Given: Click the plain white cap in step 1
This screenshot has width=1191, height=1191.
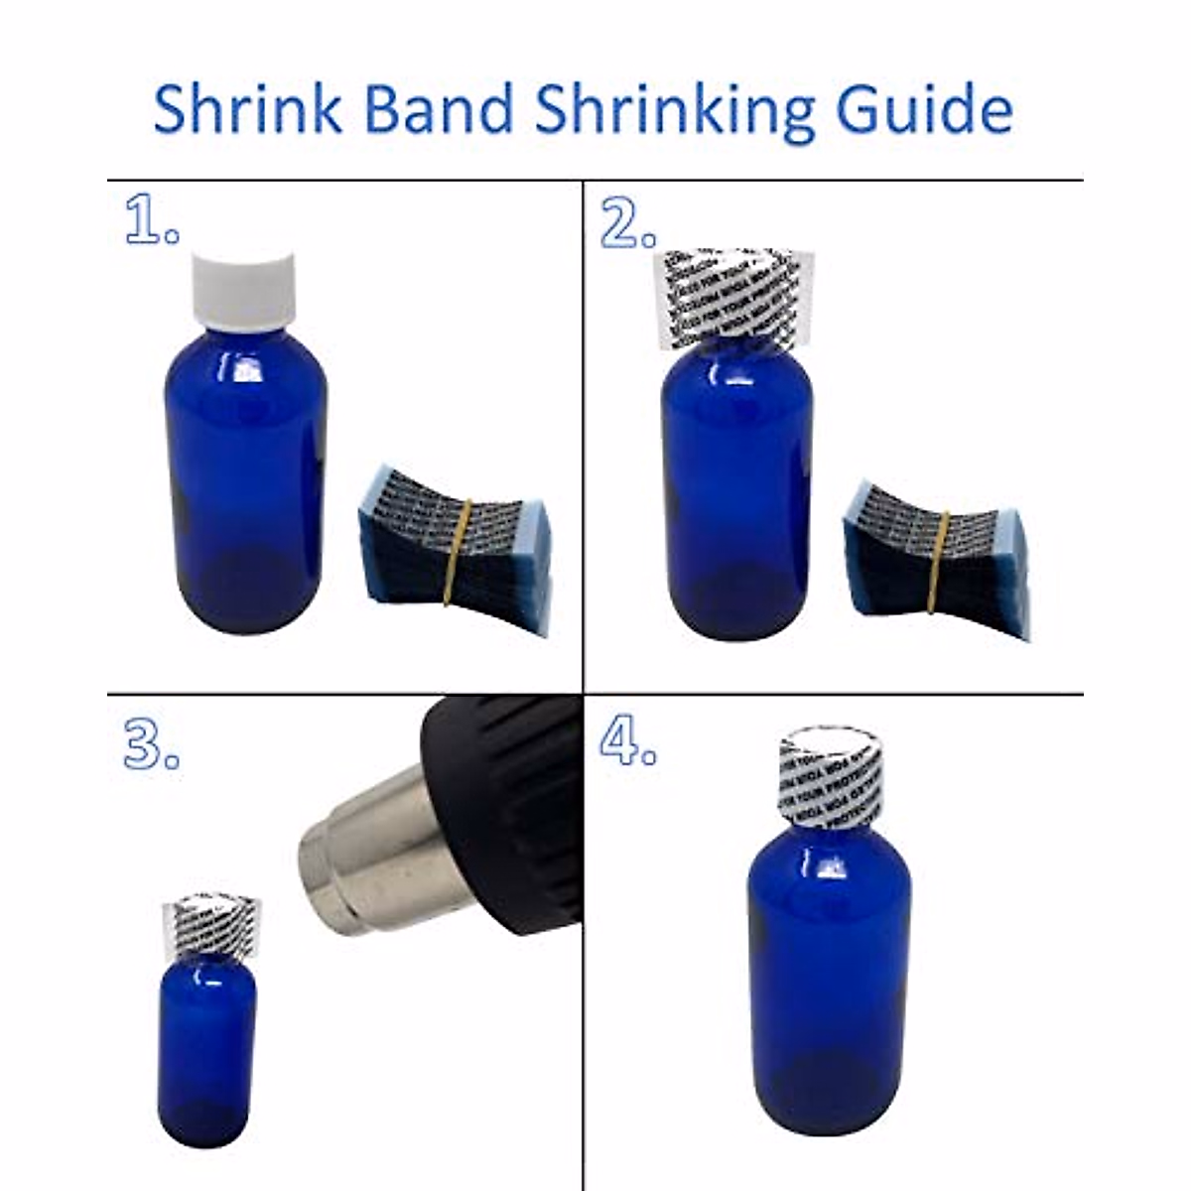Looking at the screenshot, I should (244, 287).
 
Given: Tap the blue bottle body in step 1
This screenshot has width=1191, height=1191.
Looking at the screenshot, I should (244, 476).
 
